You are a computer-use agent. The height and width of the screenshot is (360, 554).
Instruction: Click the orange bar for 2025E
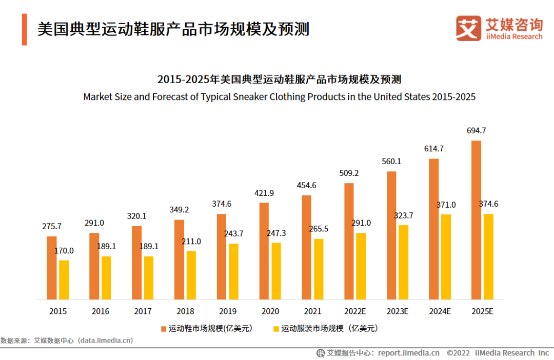click(476, 220)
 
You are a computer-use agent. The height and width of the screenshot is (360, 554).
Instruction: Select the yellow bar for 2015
click(64, 280)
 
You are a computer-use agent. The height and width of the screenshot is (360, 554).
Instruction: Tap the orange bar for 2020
click(264, 251)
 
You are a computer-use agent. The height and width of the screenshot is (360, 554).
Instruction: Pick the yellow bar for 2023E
click(404, 262)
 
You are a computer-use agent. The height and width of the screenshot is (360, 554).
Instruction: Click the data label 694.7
click(476, 131)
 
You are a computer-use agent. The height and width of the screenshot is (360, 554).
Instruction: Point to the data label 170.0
click(64, 251)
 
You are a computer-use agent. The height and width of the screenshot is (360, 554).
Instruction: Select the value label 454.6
click(306, 186)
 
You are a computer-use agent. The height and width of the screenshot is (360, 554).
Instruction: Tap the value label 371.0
click(446, 205)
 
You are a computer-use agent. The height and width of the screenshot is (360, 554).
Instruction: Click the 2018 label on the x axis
click(185, 311)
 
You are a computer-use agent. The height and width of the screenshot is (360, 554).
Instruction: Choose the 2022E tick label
click(354, 311)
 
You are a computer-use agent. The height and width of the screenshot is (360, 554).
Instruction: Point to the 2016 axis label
click(101, 311)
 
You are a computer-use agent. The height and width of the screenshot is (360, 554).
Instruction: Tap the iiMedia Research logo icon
click(468, 28)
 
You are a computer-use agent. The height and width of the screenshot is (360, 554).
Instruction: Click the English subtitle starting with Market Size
click(279, 96)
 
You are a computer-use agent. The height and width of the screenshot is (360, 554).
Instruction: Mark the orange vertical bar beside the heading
click(24, 29)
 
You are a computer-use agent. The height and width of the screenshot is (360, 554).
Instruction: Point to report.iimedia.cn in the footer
click(409, 353)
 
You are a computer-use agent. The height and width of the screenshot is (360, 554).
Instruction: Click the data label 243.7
click(233, 233)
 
